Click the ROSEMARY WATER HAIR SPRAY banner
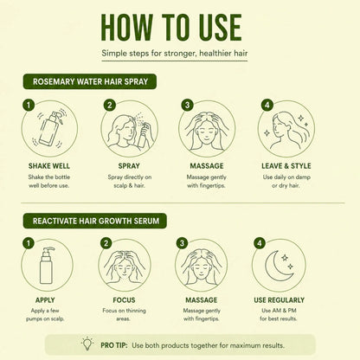tap(90, 81)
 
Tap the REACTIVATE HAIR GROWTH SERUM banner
tap(95, 221)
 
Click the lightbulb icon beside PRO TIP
tap(87, 344)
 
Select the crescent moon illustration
tap(278, 266)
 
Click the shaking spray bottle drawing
tap(49, 129)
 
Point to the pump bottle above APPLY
tap(47, 266)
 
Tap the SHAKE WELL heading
tap(49, 166)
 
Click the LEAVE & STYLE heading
tap(286, 166)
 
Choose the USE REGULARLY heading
tap(279, 300)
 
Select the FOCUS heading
tap(124, 300)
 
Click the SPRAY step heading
tap(129, 166)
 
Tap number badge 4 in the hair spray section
tap(267, 105)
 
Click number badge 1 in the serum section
tap(29, 243)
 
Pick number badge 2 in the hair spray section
tap(109, 105)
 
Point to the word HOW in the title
tap(127, 28)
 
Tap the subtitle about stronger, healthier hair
tap(175, 54)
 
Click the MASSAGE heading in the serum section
tap(202, 300)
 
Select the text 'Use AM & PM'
tap(279, 311)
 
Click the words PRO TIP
tap(114, 345)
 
